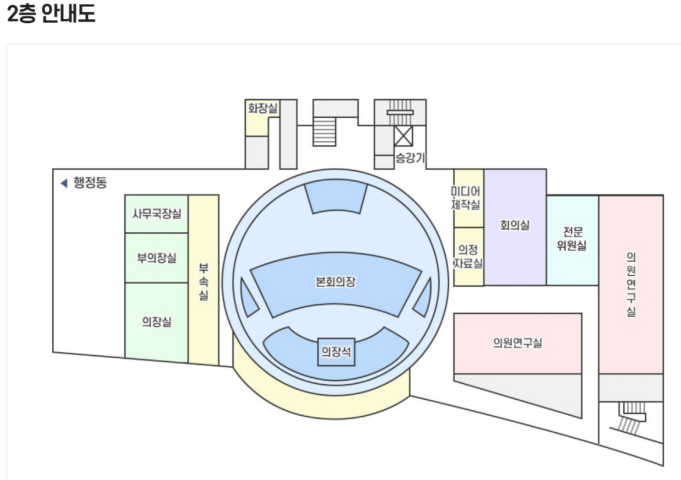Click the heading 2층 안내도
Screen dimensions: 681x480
click(51, 13)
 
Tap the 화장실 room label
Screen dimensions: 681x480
click(263, 107)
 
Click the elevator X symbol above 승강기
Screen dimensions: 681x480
click(403, 135)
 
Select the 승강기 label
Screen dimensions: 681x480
click(410, 157)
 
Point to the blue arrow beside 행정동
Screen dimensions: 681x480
click(63, 183)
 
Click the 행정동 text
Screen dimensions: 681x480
click(90, 182)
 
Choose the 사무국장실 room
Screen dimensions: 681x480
click(156, 213)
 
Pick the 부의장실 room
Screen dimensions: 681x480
click(156, 257)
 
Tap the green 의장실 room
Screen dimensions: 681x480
click(156, 321)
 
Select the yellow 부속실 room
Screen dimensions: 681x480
click(204, 281)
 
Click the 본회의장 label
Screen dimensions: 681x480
click(335, 282)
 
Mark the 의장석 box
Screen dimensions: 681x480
click(336, 352)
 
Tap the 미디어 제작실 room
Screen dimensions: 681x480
click(467, 198)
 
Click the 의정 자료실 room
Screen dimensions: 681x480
click(468, 256)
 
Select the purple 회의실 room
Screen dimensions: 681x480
click(515, 225)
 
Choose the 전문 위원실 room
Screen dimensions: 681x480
click(572, 239)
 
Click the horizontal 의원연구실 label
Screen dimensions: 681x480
click(517, 343)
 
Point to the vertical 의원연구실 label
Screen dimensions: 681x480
click(631, 284)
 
